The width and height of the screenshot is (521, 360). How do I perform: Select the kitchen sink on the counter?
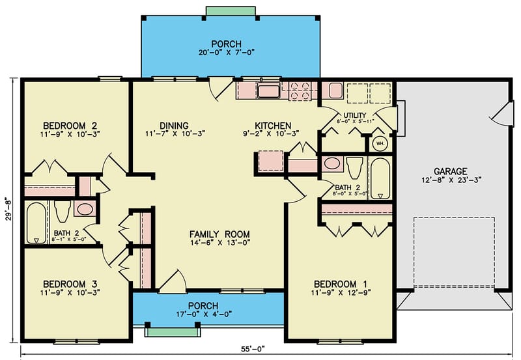(268, 90)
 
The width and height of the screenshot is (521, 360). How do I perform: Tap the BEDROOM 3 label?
(70, 284)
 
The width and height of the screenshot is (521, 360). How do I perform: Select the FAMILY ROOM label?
(219, 234)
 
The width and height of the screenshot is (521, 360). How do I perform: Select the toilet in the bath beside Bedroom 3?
(63, 211)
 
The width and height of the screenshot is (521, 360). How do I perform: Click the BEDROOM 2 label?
(70, 126)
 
